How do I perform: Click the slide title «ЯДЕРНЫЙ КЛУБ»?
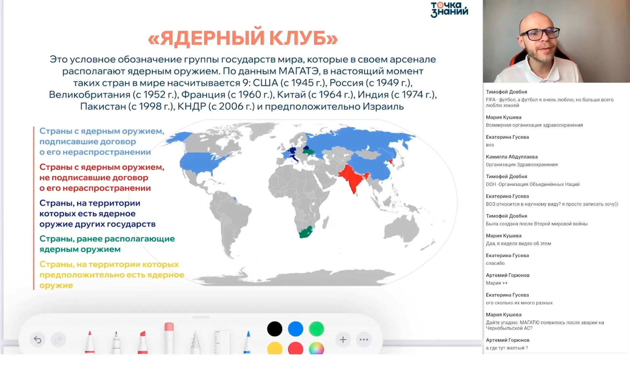243,38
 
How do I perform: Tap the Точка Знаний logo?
449,10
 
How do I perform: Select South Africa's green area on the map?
305,233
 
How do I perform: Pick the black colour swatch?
275,329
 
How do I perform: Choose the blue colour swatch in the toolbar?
295,329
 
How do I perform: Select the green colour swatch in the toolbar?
316,329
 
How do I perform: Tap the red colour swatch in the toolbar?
295,348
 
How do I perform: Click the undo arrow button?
38,340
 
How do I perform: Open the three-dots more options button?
364,340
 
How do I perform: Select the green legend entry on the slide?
107,244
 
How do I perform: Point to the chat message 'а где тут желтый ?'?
507,348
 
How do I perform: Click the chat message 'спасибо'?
495,263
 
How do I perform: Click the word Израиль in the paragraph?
383,106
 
